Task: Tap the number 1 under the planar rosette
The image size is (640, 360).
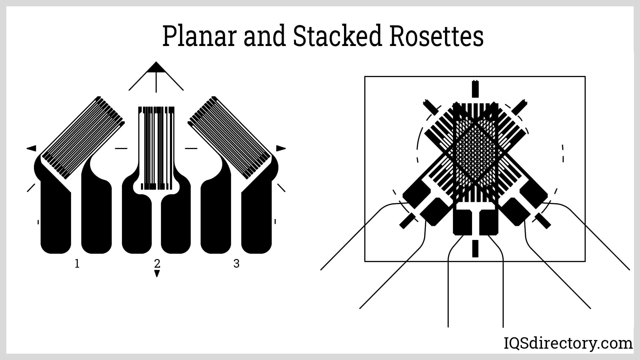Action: coord(77,264)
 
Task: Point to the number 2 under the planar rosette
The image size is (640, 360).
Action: coord(157,263)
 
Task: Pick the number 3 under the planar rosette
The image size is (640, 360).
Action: coord(236,264)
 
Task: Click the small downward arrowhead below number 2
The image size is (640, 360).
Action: coord(157,274)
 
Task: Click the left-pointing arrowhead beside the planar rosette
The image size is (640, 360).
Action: coord(32,148)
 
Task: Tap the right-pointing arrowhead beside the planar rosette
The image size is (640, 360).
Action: coord(281,148)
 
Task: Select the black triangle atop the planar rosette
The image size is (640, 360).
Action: coord(156,67)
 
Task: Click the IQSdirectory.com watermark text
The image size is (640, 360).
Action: coord(568,343)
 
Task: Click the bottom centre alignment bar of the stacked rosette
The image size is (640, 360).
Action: coord(475,248)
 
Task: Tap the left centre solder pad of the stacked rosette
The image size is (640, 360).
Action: coord(463,221)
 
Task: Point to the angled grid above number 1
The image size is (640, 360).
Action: coord(82,137)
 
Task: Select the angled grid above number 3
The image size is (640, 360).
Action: coord(230,137)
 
